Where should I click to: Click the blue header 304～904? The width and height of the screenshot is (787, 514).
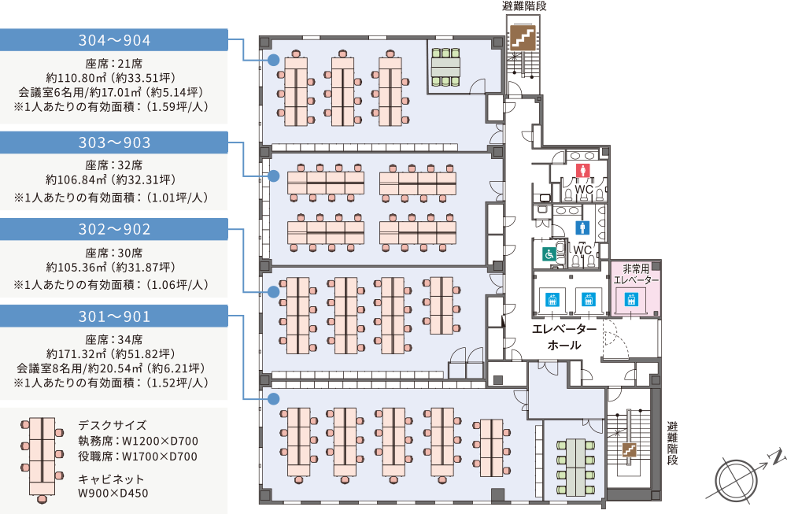114,40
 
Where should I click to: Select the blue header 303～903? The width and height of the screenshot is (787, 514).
114,142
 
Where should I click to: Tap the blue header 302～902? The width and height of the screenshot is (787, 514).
114,229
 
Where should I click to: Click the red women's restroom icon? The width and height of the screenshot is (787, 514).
583,169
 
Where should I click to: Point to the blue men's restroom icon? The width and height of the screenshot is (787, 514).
583,227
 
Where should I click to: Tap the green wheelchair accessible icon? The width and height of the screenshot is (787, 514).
549,253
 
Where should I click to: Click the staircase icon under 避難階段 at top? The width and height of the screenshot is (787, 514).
521,38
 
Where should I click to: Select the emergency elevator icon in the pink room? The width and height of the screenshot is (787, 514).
630,300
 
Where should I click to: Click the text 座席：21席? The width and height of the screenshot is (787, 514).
114,64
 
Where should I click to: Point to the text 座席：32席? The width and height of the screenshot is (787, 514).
114,166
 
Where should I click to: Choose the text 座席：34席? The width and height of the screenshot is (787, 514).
114,340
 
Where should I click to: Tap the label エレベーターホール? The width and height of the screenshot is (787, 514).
563,337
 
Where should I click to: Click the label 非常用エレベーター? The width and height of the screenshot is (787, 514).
636,273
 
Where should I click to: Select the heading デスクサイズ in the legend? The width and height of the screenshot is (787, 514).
113,425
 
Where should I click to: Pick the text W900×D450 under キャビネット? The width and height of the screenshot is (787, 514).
113,494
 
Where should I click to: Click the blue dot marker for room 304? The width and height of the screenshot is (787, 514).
273,60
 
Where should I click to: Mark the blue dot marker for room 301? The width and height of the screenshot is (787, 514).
273,399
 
